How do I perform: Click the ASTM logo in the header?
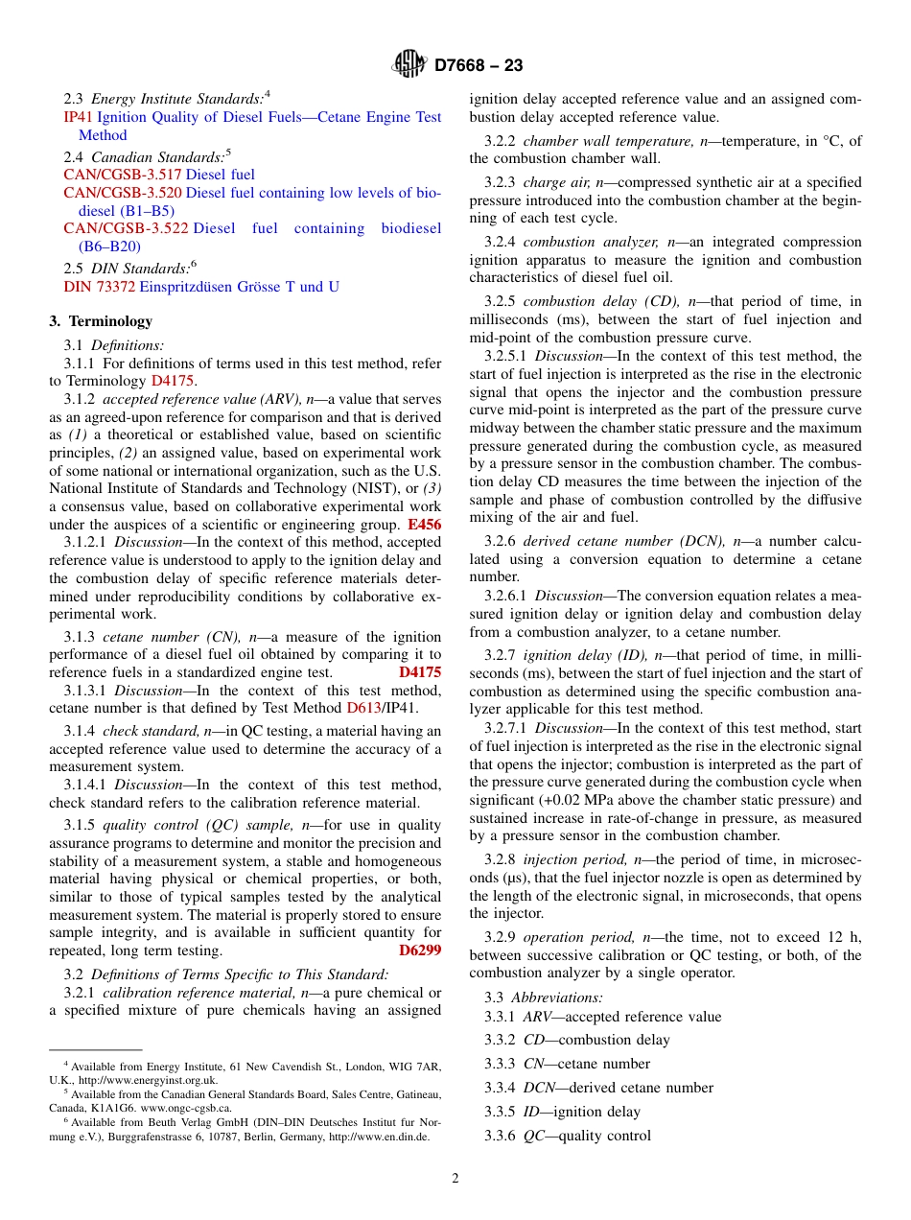409,65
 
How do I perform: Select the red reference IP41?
77,117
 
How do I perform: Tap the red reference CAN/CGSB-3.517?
122,175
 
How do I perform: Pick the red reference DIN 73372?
99,287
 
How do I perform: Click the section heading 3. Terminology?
101,321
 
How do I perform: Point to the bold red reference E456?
424,525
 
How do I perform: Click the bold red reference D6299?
420,950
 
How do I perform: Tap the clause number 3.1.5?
80,825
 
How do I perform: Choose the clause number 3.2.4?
500,243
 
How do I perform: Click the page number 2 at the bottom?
455,1179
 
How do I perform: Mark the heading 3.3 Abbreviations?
544,997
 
